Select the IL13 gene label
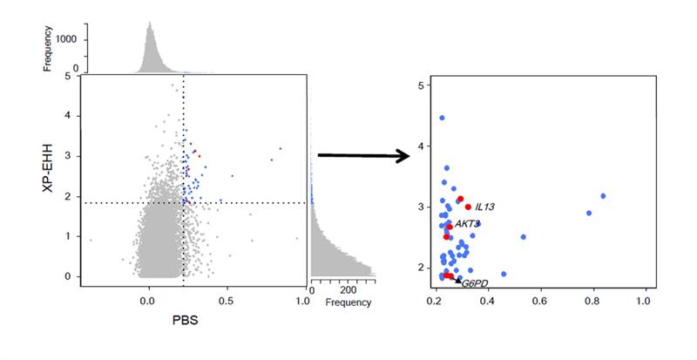point(484,207)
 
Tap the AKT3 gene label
point(467,224)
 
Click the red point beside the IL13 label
point(468,207)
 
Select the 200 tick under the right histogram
point(348,289)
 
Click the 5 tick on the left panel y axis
point(68,76)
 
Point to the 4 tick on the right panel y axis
point(421,146)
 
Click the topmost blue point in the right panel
point(442,118)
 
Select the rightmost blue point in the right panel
point(603,196)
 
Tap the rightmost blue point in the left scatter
point(280,148)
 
